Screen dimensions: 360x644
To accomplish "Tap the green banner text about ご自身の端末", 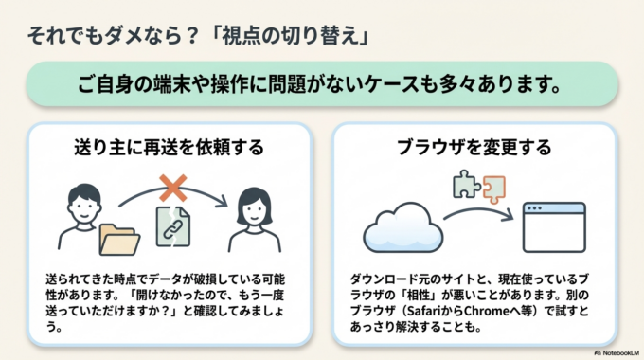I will pyautogui.click(x=321, y=83).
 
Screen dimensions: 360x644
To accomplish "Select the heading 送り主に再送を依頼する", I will pyautogui.click(x=169, y=149).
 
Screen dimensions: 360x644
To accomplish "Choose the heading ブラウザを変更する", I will pyautogui.click(x=474, y=149).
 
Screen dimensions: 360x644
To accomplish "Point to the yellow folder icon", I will pyautogui.click(x=118, y=240).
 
